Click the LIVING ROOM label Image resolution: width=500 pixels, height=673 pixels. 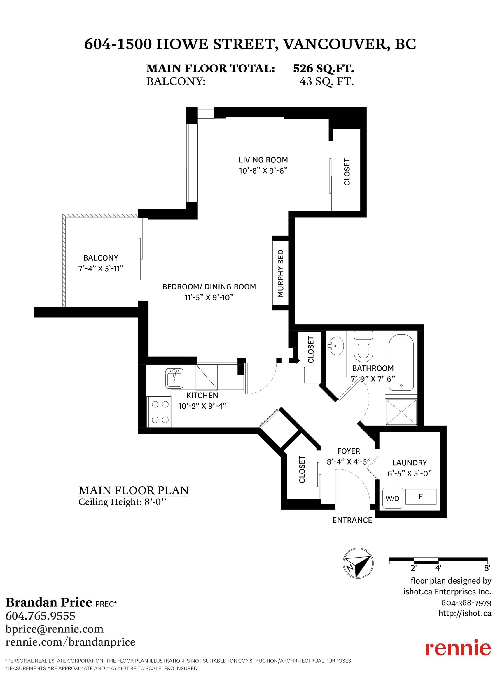pos(263,160)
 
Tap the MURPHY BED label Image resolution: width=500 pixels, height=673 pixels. pos(281,273)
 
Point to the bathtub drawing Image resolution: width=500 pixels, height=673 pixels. pos(401,362)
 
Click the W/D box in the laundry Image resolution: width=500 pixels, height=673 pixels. pos(393,498)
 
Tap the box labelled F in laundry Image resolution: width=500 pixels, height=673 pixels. pos(421,496)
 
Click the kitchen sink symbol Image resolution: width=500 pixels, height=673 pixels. pos(174,378)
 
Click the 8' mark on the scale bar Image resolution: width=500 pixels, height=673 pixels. pos(487,568)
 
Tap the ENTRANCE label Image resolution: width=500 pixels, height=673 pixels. pos(352,520)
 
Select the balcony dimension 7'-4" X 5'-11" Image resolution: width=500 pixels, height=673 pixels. pos(100,268)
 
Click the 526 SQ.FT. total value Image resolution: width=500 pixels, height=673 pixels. pos(323,68)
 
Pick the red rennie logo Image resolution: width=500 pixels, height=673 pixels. pos(458,647)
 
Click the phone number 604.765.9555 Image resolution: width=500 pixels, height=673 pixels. pos(40,616)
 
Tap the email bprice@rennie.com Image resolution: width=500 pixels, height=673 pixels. pos(55,629)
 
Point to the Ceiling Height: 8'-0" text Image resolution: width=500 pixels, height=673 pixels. pos(122,502)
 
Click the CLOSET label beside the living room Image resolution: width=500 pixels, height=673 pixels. pos(347,172)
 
